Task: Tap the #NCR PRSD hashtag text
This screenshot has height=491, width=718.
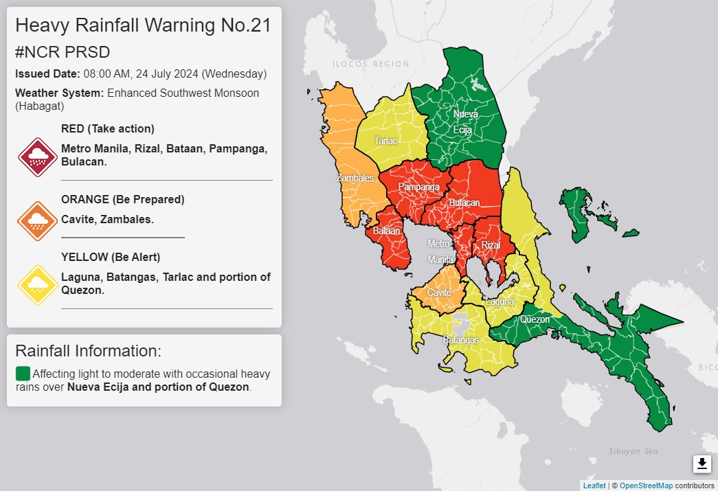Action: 63,52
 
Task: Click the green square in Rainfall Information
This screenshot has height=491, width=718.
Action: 23,374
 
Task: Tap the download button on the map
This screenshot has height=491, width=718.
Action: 702,464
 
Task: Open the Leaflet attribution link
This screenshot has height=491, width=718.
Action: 594,486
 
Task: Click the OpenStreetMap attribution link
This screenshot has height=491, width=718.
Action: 645,486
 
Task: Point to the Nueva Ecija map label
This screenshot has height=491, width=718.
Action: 465,121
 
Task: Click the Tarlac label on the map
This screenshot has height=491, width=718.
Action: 385,141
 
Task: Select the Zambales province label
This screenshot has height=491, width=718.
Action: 355,178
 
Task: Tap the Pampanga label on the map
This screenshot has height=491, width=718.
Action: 418,187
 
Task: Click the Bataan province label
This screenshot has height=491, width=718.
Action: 386,231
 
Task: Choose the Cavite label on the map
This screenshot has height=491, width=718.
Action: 439,293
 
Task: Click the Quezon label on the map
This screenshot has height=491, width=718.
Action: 535,319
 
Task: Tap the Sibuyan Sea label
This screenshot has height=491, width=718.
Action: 633,451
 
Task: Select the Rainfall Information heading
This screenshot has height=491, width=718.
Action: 88,351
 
